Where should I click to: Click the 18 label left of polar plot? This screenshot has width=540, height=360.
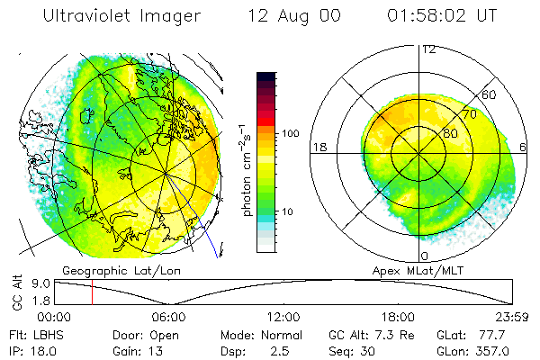(x=319, y=148)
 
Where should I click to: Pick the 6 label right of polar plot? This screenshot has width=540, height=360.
(x=523, y=148)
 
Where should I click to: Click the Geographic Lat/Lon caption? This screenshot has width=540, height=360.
(x=109, y=270)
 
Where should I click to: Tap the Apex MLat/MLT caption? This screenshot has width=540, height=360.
(x=417, y=270)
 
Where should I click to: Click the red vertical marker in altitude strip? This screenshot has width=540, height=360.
(x=92, y=292)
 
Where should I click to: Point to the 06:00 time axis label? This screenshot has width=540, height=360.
(x=169, y=317)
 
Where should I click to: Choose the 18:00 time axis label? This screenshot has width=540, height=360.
(x=398, y=317)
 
